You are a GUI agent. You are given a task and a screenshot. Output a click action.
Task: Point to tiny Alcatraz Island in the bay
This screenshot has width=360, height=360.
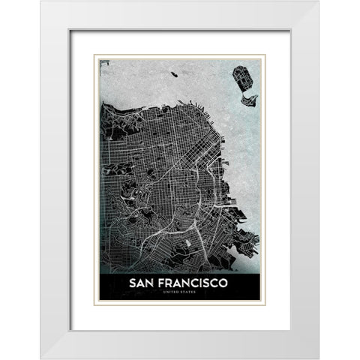[x=174, y=73]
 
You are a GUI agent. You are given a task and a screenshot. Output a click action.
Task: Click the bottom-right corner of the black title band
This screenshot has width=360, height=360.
[x=260, y=299]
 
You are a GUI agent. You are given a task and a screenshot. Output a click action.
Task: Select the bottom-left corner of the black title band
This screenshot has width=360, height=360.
[x=100, y=299]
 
